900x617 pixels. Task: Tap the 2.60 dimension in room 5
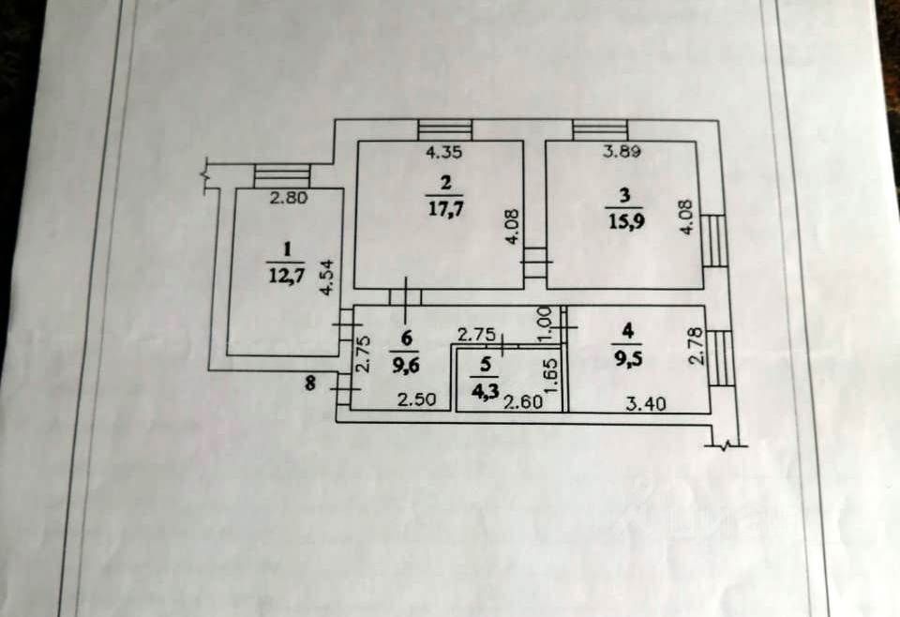[522, 403]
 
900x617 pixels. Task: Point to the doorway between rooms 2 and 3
[534, 263]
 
